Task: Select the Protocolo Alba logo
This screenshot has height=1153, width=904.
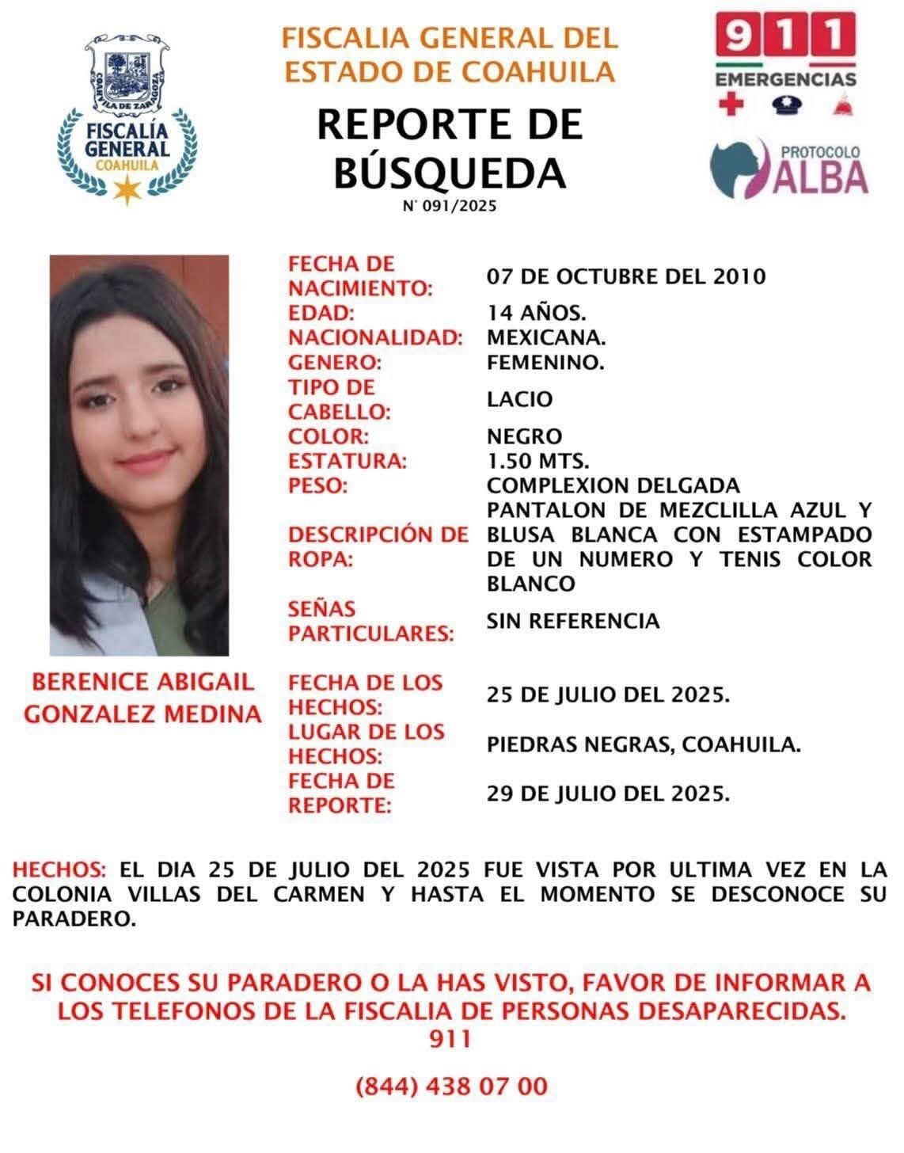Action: (x=789, y=169)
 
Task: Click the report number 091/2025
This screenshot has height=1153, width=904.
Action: (x=449, y=207)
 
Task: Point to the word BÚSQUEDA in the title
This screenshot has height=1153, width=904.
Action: (x=450, y=173)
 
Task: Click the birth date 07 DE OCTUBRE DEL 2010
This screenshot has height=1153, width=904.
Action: (x=625, y=276)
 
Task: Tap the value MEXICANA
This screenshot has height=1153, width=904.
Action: (x=546, y=337)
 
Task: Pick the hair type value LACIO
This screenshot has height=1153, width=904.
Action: (x=519, y=398)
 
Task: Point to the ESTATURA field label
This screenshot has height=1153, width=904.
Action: (x=347, y=461)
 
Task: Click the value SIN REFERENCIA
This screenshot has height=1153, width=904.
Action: (x=572, y=620)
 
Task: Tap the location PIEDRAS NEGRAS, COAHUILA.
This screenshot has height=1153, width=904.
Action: (x=643, y=744)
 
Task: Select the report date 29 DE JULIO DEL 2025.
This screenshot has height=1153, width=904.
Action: (x=607, y=793)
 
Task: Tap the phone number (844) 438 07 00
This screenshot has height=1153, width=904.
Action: (x=451, y=1086)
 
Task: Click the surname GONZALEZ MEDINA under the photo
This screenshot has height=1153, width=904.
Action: (x=142, y=713)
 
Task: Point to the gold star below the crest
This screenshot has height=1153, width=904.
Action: (x=127, y=190)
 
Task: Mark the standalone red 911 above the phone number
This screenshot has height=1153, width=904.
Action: (x=450, y=1039)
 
